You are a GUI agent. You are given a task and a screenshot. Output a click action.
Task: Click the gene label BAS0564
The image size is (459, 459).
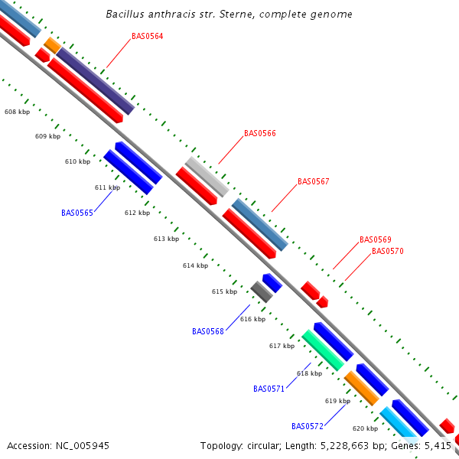point(147,36)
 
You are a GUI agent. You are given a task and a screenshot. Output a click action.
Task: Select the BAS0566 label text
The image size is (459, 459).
point(260,133)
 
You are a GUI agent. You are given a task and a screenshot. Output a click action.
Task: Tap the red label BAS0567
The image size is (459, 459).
point(313,181)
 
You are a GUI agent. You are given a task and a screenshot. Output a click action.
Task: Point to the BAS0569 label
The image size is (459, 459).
point(376,239)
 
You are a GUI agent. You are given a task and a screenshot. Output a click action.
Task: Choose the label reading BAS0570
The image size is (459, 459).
point(388,251)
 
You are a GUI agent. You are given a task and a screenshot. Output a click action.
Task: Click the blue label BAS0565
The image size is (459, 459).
point(77,213)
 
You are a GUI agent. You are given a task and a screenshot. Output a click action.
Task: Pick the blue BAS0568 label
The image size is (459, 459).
point(208,331)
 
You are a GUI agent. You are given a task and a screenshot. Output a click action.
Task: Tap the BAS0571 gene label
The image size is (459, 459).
point(269,389)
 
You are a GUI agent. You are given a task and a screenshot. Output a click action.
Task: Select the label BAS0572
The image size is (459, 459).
point(308,426)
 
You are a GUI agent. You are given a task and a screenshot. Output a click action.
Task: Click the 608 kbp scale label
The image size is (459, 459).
point(18,112)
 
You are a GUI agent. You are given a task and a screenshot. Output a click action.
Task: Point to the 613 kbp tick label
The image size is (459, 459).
point(166,239)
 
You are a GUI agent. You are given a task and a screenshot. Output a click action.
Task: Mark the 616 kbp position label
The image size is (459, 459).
point(253,319)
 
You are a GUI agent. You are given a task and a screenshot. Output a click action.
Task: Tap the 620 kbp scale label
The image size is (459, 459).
point(366,428)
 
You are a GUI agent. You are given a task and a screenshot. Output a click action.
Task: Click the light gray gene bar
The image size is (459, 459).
point(207,177)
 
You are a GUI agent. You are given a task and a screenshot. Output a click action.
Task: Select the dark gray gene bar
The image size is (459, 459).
point(262,292)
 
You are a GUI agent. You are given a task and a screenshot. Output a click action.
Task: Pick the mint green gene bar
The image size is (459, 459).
point(323,350)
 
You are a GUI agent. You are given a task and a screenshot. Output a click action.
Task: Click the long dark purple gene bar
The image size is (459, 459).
point(96,81)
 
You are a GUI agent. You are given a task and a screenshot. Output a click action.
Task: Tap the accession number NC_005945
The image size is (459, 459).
point(83,446)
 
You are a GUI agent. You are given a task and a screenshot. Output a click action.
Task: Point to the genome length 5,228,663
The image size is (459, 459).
point(344,446)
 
